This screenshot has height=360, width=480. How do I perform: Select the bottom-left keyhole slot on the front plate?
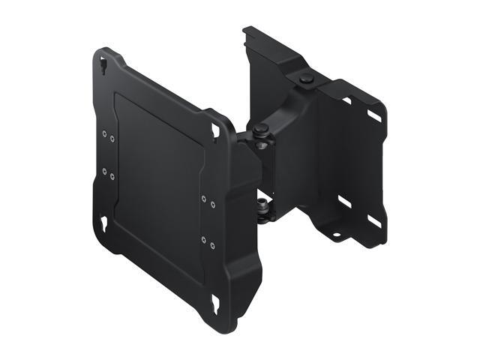[x=103, y=223]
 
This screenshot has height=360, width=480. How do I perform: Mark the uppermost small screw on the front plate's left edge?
[x=103, y=133]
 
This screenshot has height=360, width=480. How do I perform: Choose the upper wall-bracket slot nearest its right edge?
[x=373, y=116]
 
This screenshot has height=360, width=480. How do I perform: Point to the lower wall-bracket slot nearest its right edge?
[x=371, y=220]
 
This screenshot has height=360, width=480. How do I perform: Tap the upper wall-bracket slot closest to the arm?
[x=346, y=100]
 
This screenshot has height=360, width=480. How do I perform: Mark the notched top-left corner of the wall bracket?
[x=247, y=33]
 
